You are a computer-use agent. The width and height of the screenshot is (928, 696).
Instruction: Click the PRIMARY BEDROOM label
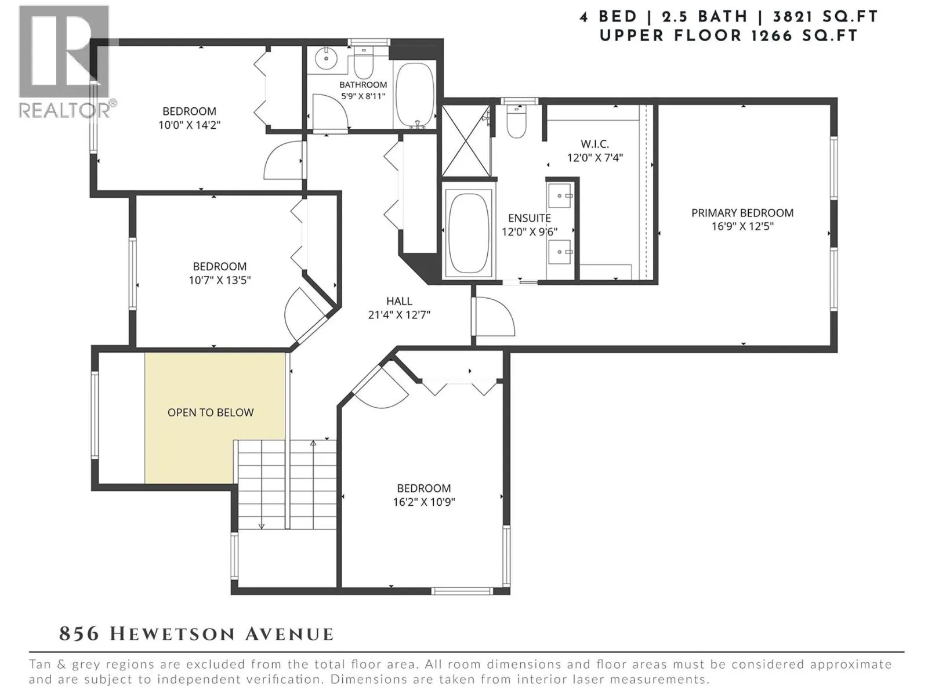click(x=742, y=212)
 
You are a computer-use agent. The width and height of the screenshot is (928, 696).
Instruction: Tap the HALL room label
click(x=399, y=301)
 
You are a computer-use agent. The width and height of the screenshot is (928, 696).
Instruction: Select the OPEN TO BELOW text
click(x=211, y=412)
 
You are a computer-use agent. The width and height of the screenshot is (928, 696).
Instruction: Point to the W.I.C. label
click(x=594, y=144)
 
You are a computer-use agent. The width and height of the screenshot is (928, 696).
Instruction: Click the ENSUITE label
click(x=530, y=218)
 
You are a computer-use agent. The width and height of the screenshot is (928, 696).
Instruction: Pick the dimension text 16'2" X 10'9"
click(x=424, y=502)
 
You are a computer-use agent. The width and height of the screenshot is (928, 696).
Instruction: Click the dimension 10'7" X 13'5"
click(x=220, y=280)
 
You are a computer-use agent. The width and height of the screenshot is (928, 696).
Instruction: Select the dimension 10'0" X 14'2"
click(x=190, y=125)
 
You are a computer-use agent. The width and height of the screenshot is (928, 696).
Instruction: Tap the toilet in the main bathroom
click(x=363, y=63)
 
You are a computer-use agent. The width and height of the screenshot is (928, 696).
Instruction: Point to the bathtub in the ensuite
click(x=468, y=233)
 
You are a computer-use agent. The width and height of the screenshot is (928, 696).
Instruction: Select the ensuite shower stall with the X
click(x=466, y=140)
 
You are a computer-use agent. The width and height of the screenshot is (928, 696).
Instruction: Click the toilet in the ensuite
click(x=516, y=121)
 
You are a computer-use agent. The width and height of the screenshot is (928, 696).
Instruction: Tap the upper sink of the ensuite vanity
click(x=561, y=196)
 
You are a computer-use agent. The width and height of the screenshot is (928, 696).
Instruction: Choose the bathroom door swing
click(x=330, y=111)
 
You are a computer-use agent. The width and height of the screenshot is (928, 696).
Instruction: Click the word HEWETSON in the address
click(x=173, y=635)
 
